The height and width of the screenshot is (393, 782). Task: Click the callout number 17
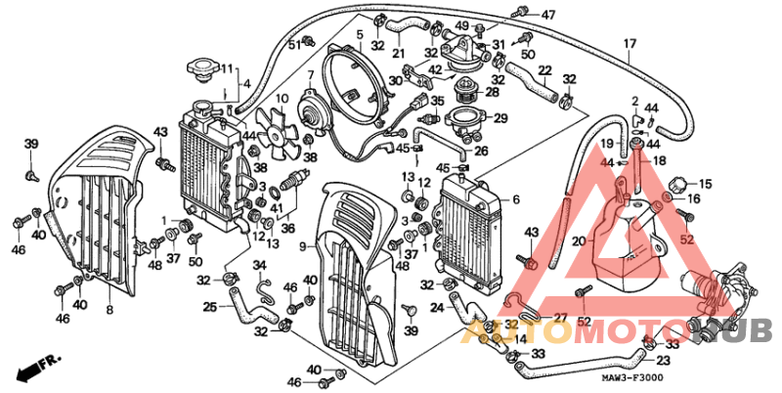pyautogui.click(x=630, y=43)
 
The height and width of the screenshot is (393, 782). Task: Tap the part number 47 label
pyautogui.click(x=547, y=15)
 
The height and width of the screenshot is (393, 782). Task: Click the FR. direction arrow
pyautogui.click(x=32, y=370)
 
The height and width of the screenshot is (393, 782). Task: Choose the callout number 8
pyautogui.click(x=109, y=310)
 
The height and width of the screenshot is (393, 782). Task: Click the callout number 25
pyautogui.click(x=210, y=308)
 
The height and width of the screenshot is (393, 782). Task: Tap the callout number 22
pyautogui.click(x=545, y=69)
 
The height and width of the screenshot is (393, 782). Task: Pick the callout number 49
pyautogui.click(x=463, y=25)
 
